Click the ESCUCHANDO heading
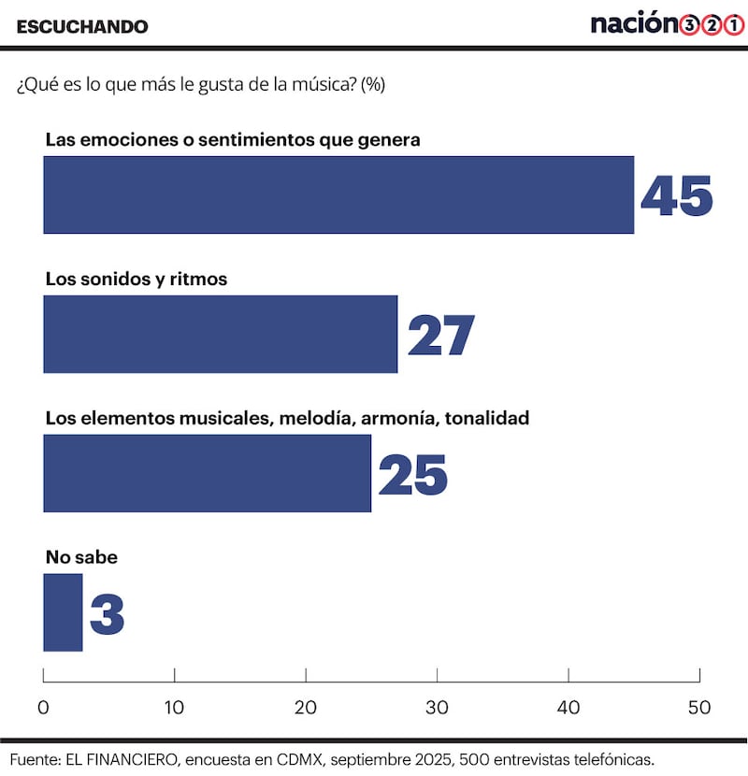pyautogui.click(x=82, y=26)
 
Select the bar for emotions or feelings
pyautogui.click(x=338, y=194)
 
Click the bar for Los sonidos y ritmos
pyautogui.click(x=221, y=334)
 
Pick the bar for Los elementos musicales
pyautogui.click(x=208, y=473)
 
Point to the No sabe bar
pyautogui.click(x=63, y=612)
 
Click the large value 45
pyautogui.click(x=676, y=195)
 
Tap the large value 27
pyautogui.click(x=440, y=335)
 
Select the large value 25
pyautogui.click(x=413, y=474)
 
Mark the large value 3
pyautogui.click(x=108, y=613)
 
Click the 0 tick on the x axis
pyautogui.click(x=43, y=708)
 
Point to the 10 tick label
pyautogui.click(x=174, y=708)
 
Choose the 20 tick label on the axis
pyautogui.click(x=306, y=708)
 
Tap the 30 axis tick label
pyautogui.click(x=437, y=708)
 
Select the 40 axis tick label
pyautogui.click(x=568, y=708)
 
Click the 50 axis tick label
pyautogui.click(x=699, y=708)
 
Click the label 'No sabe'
pyautogui.click(x=81, y=558)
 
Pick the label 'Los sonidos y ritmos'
pyautogui.click(x=137, y=279)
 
